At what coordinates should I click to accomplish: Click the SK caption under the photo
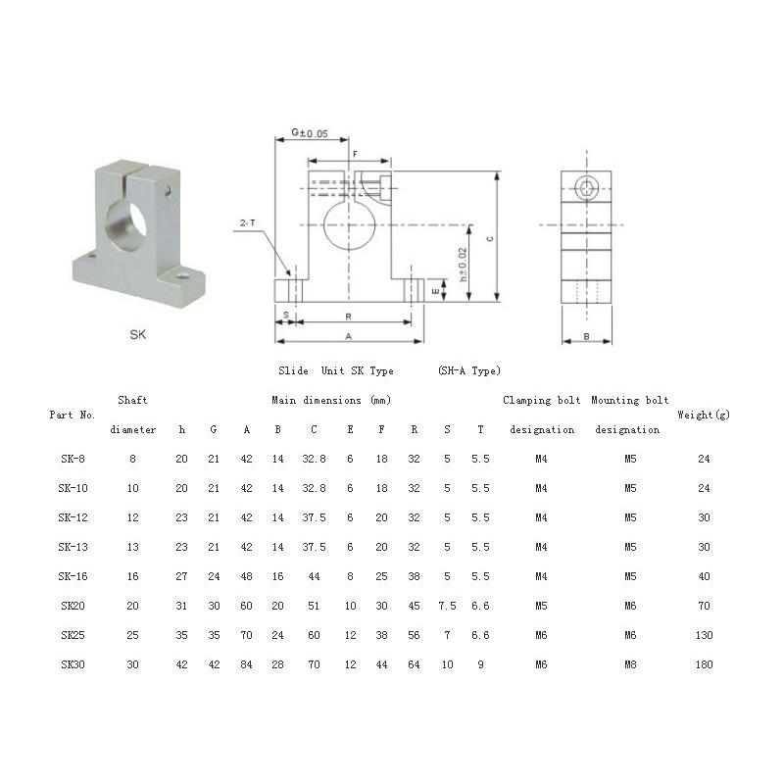(138, 334)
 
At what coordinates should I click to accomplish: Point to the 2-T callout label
(248, 223)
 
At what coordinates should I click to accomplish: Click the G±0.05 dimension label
(310, 133)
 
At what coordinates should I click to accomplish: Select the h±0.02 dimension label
(463, 265)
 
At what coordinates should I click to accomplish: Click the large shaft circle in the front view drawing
(349, 225)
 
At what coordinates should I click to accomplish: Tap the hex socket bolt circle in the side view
(585, 188)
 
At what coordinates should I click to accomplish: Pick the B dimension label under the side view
(586, 336)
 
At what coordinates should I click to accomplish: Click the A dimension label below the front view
(349, 336)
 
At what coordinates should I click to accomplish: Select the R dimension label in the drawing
(349, 317)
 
